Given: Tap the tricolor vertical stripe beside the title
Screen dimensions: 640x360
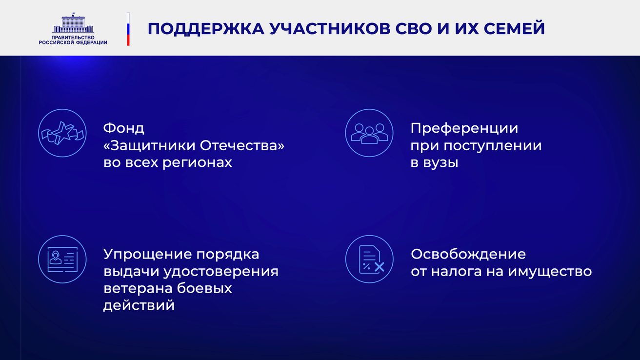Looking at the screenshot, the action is tap(128, 29).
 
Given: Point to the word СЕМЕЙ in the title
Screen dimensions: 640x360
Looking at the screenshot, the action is tap(514, 28).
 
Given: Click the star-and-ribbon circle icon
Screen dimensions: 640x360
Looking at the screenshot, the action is tap(62, 133).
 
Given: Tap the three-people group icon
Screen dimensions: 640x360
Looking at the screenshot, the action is tap(369, 133).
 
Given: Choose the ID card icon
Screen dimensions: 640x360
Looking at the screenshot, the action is tap(62, 259).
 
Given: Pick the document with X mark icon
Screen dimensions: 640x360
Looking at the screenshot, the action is tap(369, 259).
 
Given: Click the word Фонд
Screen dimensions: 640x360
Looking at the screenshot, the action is tap(124, 128).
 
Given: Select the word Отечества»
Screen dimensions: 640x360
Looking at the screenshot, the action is tap(242, 145).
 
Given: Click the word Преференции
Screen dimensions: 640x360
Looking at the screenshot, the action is tap(464, 129).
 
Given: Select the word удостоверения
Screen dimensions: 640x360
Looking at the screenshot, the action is tap(221, 272).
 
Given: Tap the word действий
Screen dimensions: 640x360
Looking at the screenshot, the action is tap(139, 306).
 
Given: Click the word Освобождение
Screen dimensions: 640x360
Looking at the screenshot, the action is tap(468, 254).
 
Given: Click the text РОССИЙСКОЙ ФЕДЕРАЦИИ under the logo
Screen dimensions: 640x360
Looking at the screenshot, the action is tap(73, 42).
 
